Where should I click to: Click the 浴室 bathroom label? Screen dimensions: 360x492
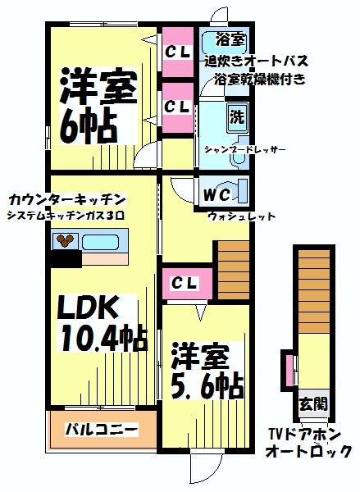click(x=230, y=40)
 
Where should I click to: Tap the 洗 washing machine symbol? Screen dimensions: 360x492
click(x=237, y=117)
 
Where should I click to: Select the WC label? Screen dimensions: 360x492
click(x=217, y=195)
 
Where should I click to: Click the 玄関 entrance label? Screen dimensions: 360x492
click(x=313, y=403)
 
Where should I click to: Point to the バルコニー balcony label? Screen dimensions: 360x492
click(x=102, y=429)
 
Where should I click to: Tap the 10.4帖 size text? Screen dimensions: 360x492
click(x=104, y=338)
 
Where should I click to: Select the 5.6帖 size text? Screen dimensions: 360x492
click(x=207, y=385)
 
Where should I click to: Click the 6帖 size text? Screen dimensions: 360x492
click(x=89, y=125)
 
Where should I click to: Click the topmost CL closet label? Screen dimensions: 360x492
click(x=177, y=52)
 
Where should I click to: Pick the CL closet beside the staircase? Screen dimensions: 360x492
click(x=185, y=284)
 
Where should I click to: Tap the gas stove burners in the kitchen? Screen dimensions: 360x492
click(x=65, y=240)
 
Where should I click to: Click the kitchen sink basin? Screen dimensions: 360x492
click(x=100, y=242)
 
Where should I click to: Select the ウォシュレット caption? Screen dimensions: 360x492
click(x=242, y=216)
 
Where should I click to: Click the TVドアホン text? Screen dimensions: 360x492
click(x=304, y=435)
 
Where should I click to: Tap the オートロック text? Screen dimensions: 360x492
click(x=308, y=452)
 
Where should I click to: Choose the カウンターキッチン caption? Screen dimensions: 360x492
click(x=67, y=199)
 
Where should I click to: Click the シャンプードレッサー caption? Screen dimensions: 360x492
click(x=245, y=149)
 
